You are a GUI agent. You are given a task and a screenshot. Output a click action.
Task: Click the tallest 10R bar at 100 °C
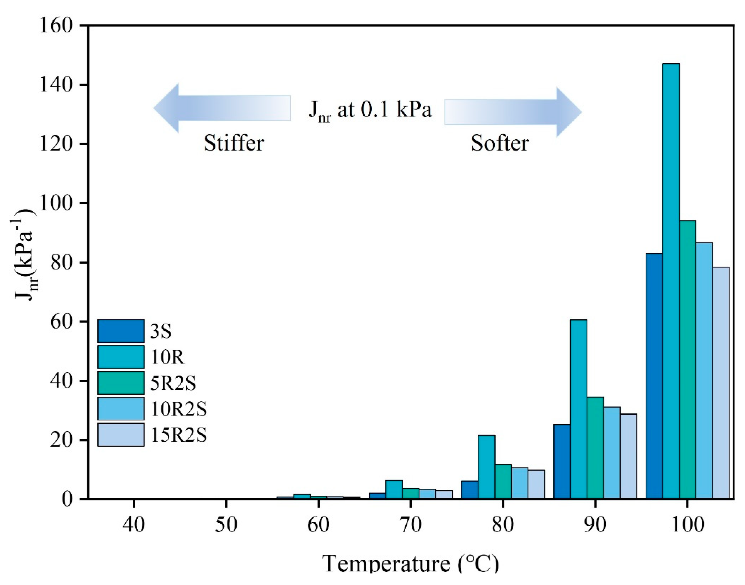(x=671, y=281)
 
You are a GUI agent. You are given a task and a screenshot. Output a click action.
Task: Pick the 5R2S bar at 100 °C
(x=688, y=360)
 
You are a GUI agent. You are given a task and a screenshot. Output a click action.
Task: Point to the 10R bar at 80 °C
(x=486, y=467)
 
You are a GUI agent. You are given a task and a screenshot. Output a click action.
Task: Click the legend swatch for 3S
(x=121, y=331)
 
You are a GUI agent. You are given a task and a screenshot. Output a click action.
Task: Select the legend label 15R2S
(x=178, y=436)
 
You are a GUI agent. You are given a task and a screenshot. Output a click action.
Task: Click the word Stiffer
(x=234, y=143)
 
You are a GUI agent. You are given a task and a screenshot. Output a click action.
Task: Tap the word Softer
(x=500, y=143)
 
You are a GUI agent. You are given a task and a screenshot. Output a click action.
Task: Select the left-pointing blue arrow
(x=222, y=108)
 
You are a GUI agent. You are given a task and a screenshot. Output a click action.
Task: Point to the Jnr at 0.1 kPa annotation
(x=370, y=110)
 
